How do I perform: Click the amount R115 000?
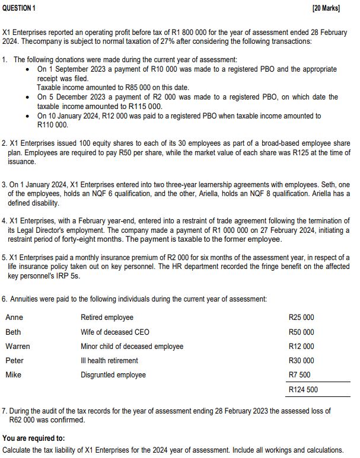click(144, 106)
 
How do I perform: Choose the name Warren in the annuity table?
click(17, 347)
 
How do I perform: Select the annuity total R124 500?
click(303, 390)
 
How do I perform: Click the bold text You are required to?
click(34, 438)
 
